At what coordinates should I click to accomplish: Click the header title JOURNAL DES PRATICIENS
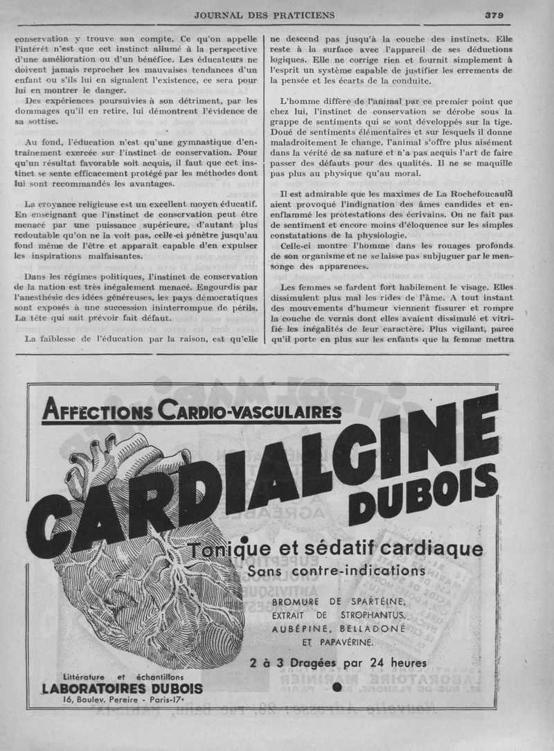click(x=265, y=14)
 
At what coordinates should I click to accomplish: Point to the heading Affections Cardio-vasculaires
click(x=192, y=412)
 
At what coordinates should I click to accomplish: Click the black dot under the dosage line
click(x=337, y=687)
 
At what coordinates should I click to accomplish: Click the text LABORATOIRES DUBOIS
click(x=122, y=688)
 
